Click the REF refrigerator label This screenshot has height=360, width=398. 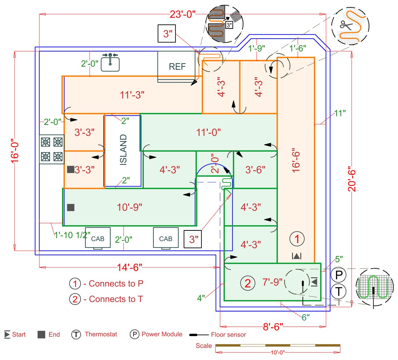(177, 67)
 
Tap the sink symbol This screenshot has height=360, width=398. (110, 62)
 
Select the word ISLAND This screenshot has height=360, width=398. (123, 150)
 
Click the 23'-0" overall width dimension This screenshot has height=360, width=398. (183, 14)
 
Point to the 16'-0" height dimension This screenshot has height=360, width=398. (15, 151)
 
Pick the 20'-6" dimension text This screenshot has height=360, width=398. (352, 180)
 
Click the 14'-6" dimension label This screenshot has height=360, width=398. (129, 268)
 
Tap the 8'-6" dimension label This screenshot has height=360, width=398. (273, 327)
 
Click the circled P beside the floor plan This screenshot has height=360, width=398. (339, 275)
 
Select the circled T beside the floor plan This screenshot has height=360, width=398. (339, 291)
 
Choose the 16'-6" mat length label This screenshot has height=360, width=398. (296, 160)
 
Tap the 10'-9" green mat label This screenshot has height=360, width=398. (129, 207)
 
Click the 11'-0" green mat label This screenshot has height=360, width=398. (208, 132)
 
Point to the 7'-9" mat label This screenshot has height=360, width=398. (272, 282)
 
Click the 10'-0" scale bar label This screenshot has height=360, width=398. (277, 352)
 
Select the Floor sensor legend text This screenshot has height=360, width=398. (228, 335)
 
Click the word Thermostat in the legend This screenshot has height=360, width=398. (101, 334)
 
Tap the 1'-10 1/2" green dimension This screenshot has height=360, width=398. (72, 235)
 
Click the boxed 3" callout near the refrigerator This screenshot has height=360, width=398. (167, 34)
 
